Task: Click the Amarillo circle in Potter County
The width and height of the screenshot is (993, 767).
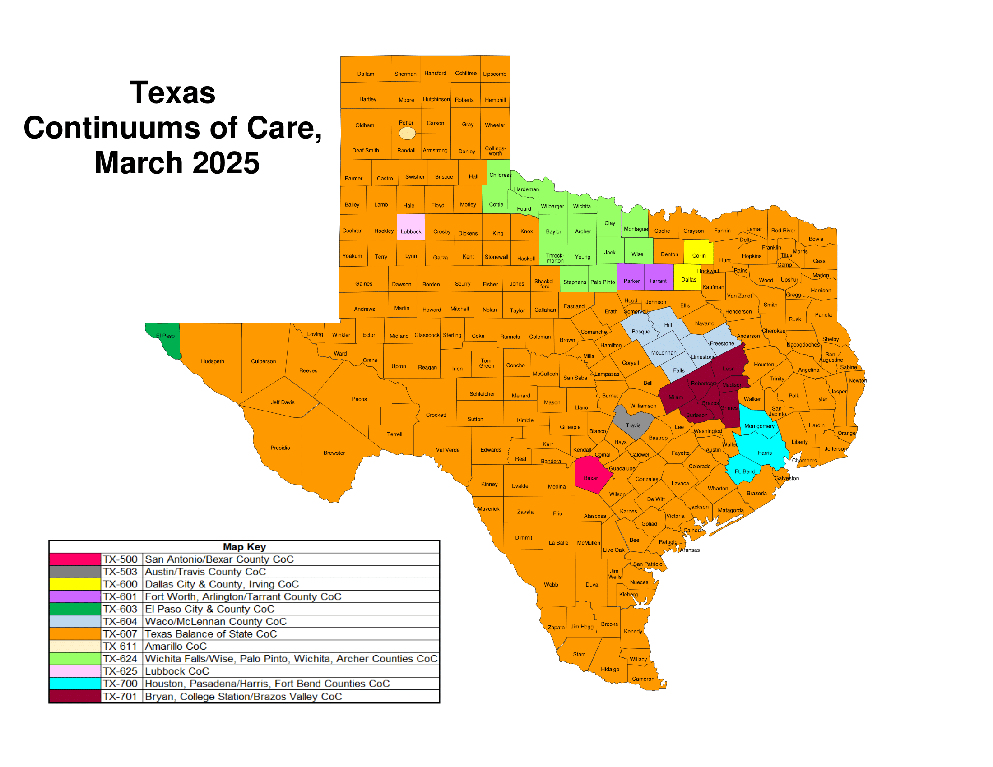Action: tap(407, 133)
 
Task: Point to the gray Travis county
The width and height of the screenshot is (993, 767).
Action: tap(633, 424)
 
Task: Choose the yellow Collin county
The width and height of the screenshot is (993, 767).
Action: tap(698, 252)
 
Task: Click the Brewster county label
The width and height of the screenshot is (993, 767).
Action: tap(334, 453)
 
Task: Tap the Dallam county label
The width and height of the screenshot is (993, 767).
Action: tap(366, 74)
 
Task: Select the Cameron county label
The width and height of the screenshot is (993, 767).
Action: tap(643, 679)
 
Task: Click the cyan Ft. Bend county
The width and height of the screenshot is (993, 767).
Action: tap(744, 471)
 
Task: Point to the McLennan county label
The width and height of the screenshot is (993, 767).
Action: tap(664, 353)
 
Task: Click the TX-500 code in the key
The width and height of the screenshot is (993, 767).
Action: tap(120, 559)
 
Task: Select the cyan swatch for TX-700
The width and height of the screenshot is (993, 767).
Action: tap(74, 684)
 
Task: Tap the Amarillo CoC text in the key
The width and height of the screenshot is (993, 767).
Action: tap(176, 646)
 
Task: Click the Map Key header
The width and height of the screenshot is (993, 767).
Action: tap(244, 547)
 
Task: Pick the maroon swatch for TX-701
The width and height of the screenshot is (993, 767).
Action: tap(74, 697)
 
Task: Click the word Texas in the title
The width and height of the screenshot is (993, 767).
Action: tap(172, 92)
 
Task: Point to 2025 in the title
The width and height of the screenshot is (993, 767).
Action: tap(226, 163)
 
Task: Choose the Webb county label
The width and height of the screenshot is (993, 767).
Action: tap(551, 585)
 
